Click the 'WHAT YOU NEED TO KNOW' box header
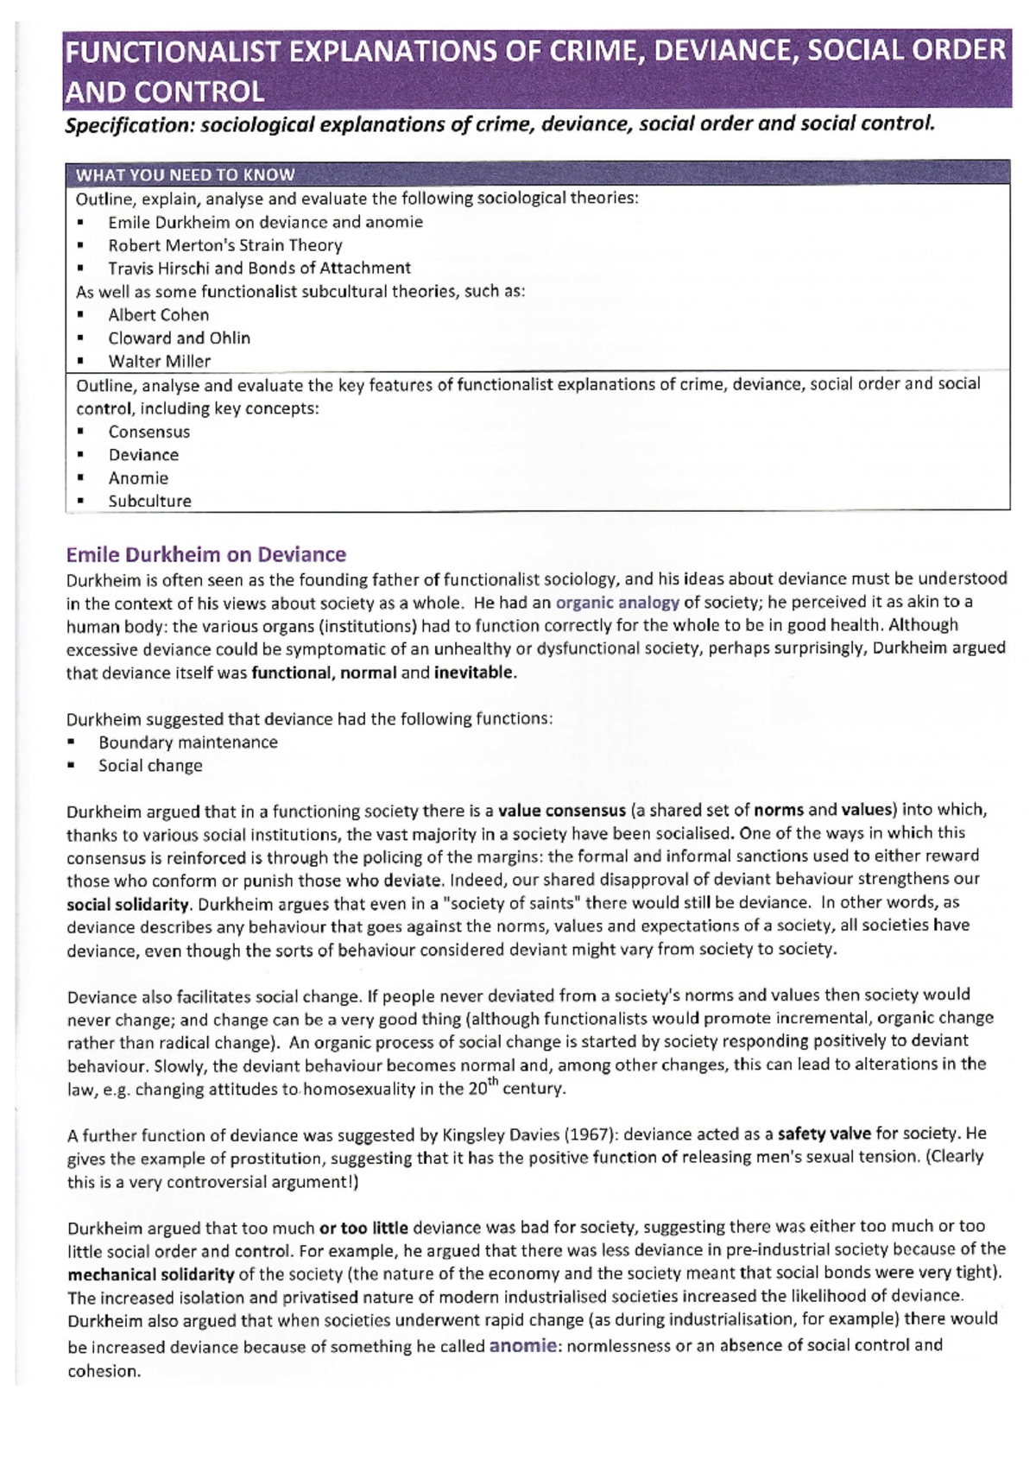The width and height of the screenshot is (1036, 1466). click(x=185, y=174)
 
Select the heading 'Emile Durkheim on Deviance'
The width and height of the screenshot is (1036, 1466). click(x=205, y=554)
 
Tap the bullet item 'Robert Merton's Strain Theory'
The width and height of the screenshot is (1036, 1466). click(x=224, y=245)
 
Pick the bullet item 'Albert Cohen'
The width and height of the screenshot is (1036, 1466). click(x=158, y=315)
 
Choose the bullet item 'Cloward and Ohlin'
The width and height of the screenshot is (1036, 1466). click(x=179, y=338)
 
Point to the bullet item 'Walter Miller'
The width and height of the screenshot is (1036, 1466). click(x=159, y=361)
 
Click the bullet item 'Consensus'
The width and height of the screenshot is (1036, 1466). click(x=148, y=432)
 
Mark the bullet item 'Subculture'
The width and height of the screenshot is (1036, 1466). click(x=149, y=501)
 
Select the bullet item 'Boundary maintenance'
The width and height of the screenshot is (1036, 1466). click(x=187, y=742)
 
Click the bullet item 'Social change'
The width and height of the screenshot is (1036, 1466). click(x=150, y=766)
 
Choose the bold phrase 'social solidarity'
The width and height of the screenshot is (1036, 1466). click(x=128, y=905)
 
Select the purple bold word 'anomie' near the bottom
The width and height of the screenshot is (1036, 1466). click(x=523, y=1345)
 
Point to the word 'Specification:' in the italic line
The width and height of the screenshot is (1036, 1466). click(x=129, y=125)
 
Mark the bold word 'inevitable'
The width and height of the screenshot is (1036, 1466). click(x=474, y=673)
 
